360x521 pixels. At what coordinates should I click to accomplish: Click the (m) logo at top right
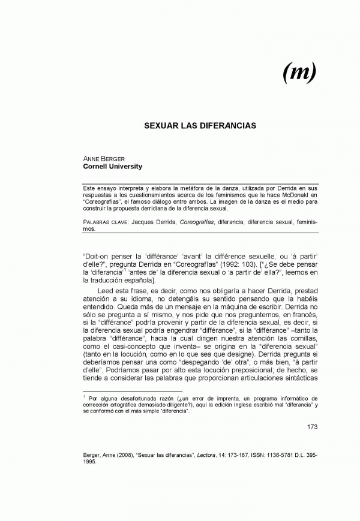[x=299, y=73]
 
